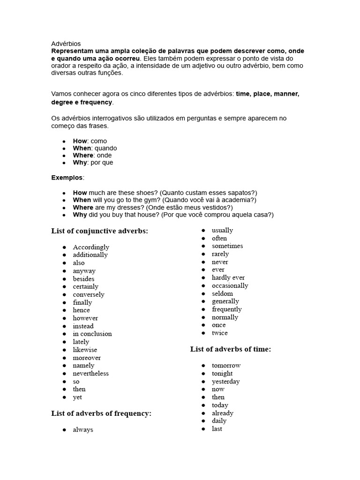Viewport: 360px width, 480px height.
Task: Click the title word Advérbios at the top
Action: [66, 44]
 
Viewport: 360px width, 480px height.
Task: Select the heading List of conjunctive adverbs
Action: [99, 231]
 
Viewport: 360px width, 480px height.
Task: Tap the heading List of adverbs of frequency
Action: [101, 413]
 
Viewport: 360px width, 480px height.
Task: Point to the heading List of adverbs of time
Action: [231, 349]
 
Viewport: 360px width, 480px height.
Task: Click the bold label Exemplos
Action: [67, 178]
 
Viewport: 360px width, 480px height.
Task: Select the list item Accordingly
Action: [91, 247]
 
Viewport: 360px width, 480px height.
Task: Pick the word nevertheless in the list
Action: [90, 373]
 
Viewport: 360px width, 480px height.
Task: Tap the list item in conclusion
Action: [92, 334]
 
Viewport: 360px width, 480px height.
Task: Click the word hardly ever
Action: [228, 277]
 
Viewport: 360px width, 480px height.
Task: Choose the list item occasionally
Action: [230, 285]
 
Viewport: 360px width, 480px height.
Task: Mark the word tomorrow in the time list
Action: [226, 365]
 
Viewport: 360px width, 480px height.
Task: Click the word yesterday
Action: [225, 381]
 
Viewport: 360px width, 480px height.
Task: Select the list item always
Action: [83, 429]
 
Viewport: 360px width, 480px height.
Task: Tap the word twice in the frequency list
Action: [219, 333]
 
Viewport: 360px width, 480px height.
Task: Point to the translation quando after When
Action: [106, 148]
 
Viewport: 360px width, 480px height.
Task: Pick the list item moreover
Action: [87, 358]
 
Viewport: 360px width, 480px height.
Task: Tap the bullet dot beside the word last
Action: [203, 429]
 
